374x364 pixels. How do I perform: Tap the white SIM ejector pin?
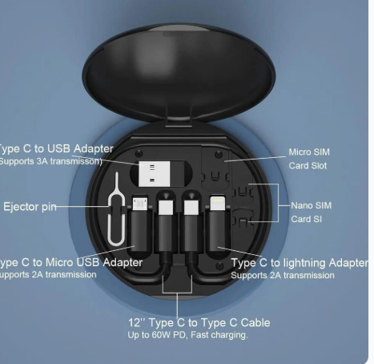tap(115, 210)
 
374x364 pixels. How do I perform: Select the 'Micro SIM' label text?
tap(309, 152)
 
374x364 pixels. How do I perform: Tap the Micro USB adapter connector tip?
tap(139, 203)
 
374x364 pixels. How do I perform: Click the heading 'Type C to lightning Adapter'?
tap(300, 262)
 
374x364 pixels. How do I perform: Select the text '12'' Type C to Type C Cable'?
tap(199, 322)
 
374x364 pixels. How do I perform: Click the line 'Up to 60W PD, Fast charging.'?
tap(188, 334)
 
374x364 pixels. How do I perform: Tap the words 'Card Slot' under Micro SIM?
tap(308, 166)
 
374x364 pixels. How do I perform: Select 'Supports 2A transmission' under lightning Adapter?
tap(283, 275)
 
